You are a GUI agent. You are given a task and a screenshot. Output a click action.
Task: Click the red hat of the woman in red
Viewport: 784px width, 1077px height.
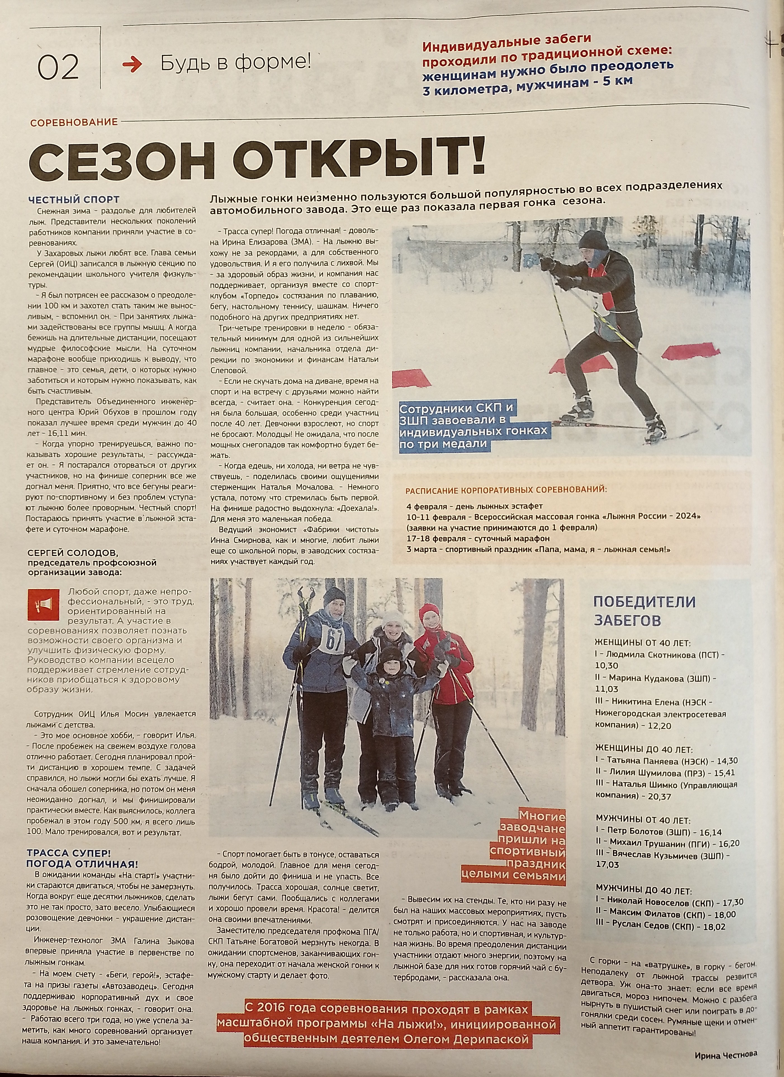click(430, 613)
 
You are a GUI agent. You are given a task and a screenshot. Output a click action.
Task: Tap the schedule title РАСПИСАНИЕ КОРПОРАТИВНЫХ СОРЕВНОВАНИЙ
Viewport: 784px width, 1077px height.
click(506, 490)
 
